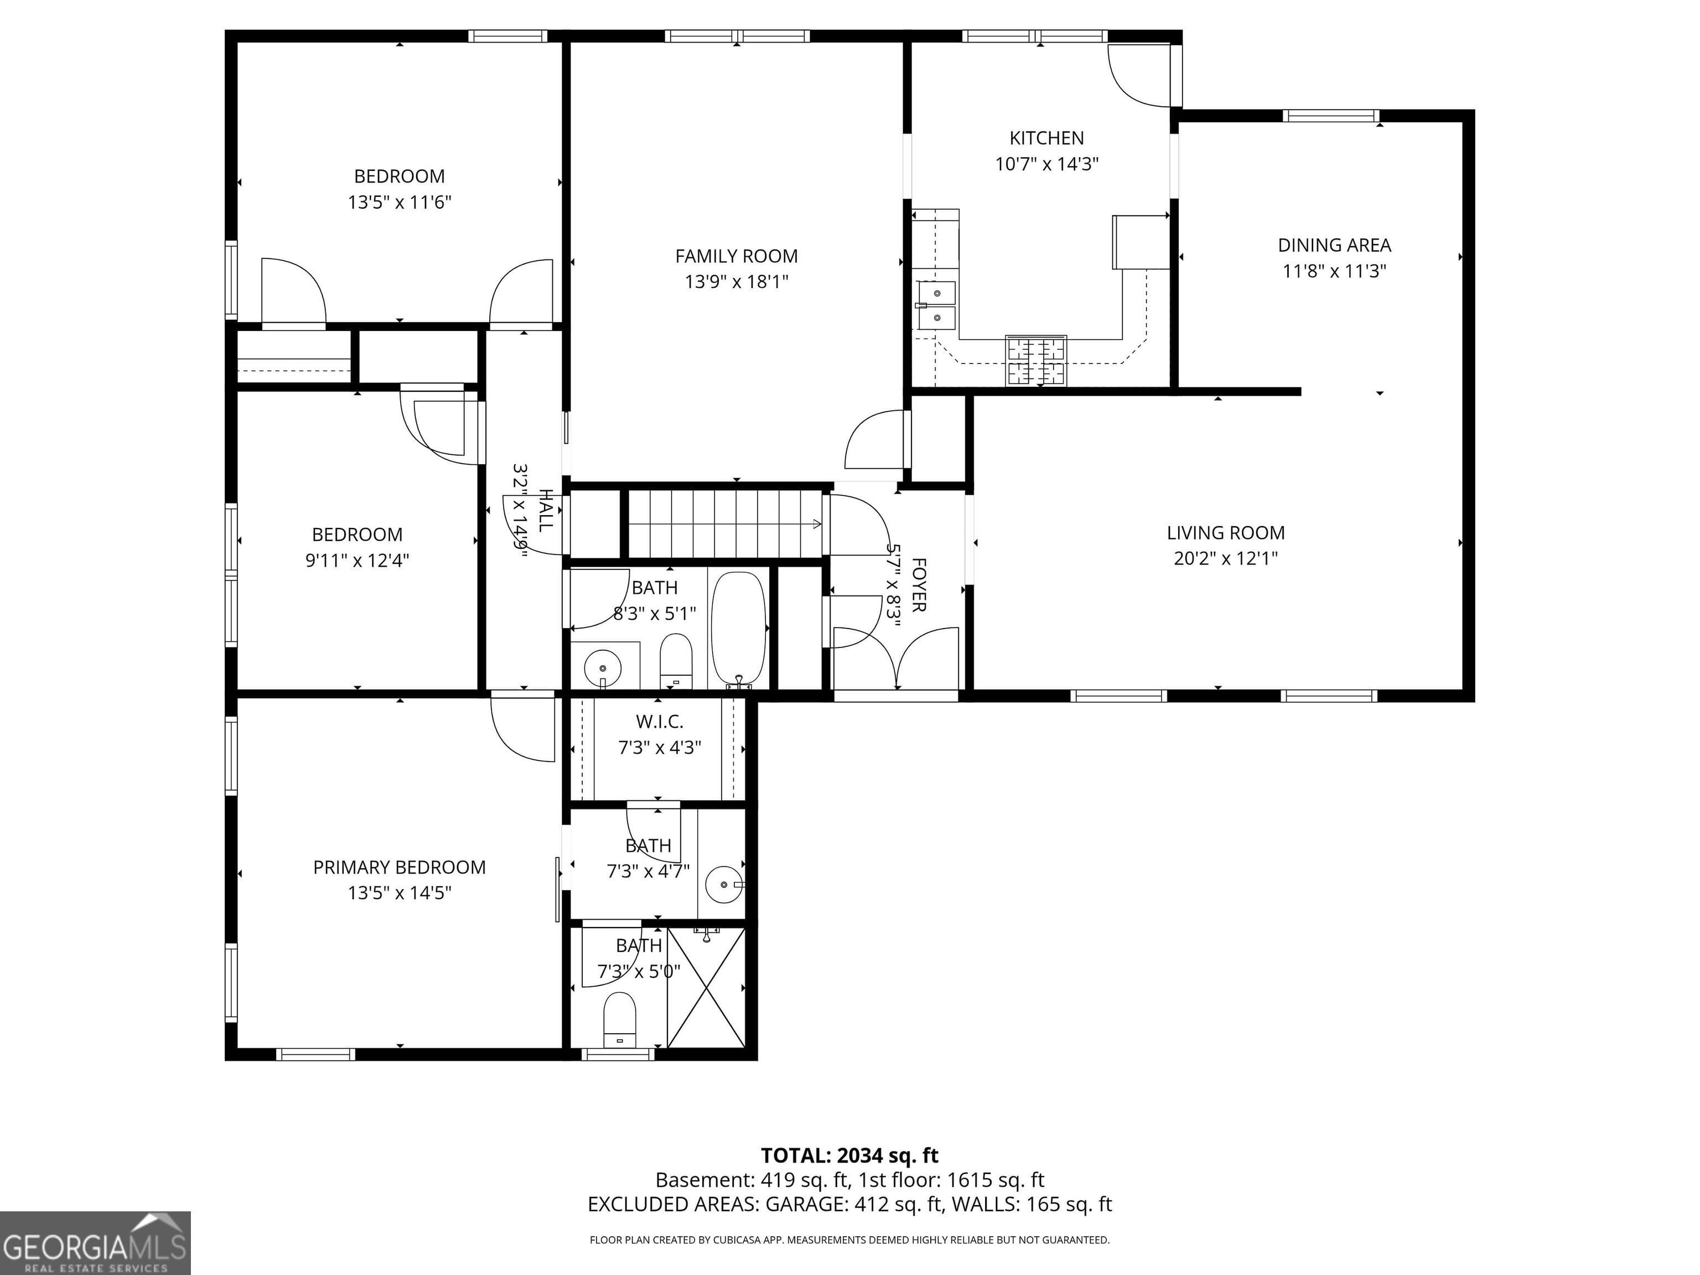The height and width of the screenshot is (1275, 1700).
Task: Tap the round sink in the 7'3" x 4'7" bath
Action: [722, 884]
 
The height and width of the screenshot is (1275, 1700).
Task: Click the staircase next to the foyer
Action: [725, 524]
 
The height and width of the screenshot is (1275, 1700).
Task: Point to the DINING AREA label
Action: [1334, 245]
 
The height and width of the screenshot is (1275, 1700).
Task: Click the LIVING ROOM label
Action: [1225, 532]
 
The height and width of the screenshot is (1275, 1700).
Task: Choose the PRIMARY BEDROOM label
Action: [399, 867]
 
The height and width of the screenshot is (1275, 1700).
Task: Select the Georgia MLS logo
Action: [95, 1243]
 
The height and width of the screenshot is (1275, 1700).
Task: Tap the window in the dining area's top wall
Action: [1331, 116]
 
